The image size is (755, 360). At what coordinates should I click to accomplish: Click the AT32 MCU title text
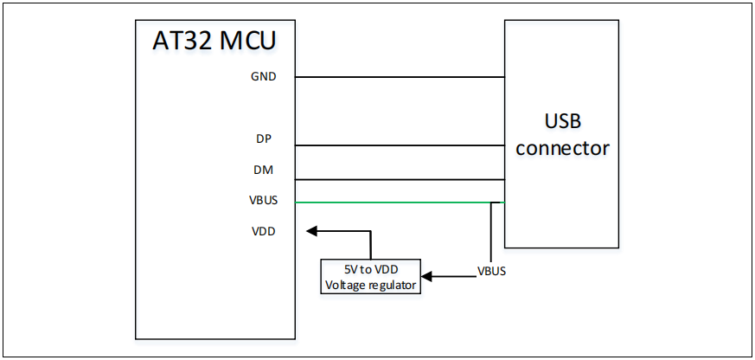pos(214,41)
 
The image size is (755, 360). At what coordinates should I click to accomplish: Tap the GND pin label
pos(264,76)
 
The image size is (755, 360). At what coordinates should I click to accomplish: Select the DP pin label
pos(264,138)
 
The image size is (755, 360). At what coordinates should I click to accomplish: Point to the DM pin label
pos(264,170)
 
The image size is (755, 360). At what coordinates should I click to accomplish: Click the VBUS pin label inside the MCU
pos(263,201)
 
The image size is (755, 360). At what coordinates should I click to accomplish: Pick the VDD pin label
pos(263,231)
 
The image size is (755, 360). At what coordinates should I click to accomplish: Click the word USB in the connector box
pos(562,119)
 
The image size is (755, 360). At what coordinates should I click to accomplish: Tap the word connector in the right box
pos(562,148)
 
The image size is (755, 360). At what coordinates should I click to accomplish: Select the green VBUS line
pos(389,203)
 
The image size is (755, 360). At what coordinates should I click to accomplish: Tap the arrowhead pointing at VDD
pos(312,231)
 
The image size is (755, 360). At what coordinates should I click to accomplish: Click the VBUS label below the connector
pos(491,271)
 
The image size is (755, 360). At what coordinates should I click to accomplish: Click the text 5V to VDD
pos(371,268)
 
